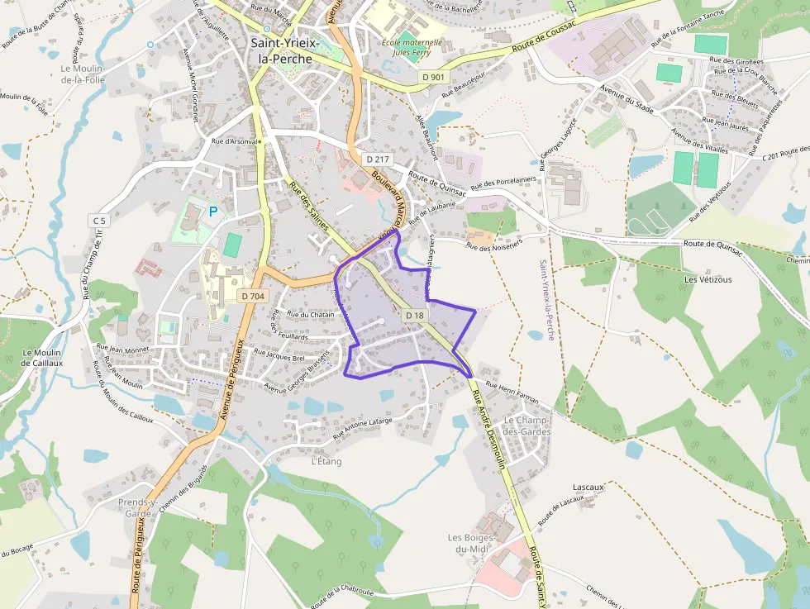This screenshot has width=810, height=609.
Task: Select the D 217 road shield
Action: pos(377,159)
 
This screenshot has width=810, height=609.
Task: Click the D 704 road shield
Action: pos(253,295)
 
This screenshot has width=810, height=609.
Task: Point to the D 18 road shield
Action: pos(415,316)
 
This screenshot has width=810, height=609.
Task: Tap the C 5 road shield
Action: pos(99,221)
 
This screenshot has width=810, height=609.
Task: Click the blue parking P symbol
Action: pos(212,212)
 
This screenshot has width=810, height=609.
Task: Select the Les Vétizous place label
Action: pos(708,279)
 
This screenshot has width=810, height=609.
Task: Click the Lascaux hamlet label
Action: pos(588,487)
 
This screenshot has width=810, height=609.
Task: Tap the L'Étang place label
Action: pos(326,461)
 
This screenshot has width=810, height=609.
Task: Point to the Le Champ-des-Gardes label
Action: pos(526,426)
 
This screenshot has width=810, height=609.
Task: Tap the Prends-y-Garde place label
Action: pos(138,507)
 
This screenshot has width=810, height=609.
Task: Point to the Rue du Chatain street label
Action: pos(310,314)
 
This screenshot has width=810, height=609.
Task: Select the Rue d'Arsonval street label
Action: pos(235,141)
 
